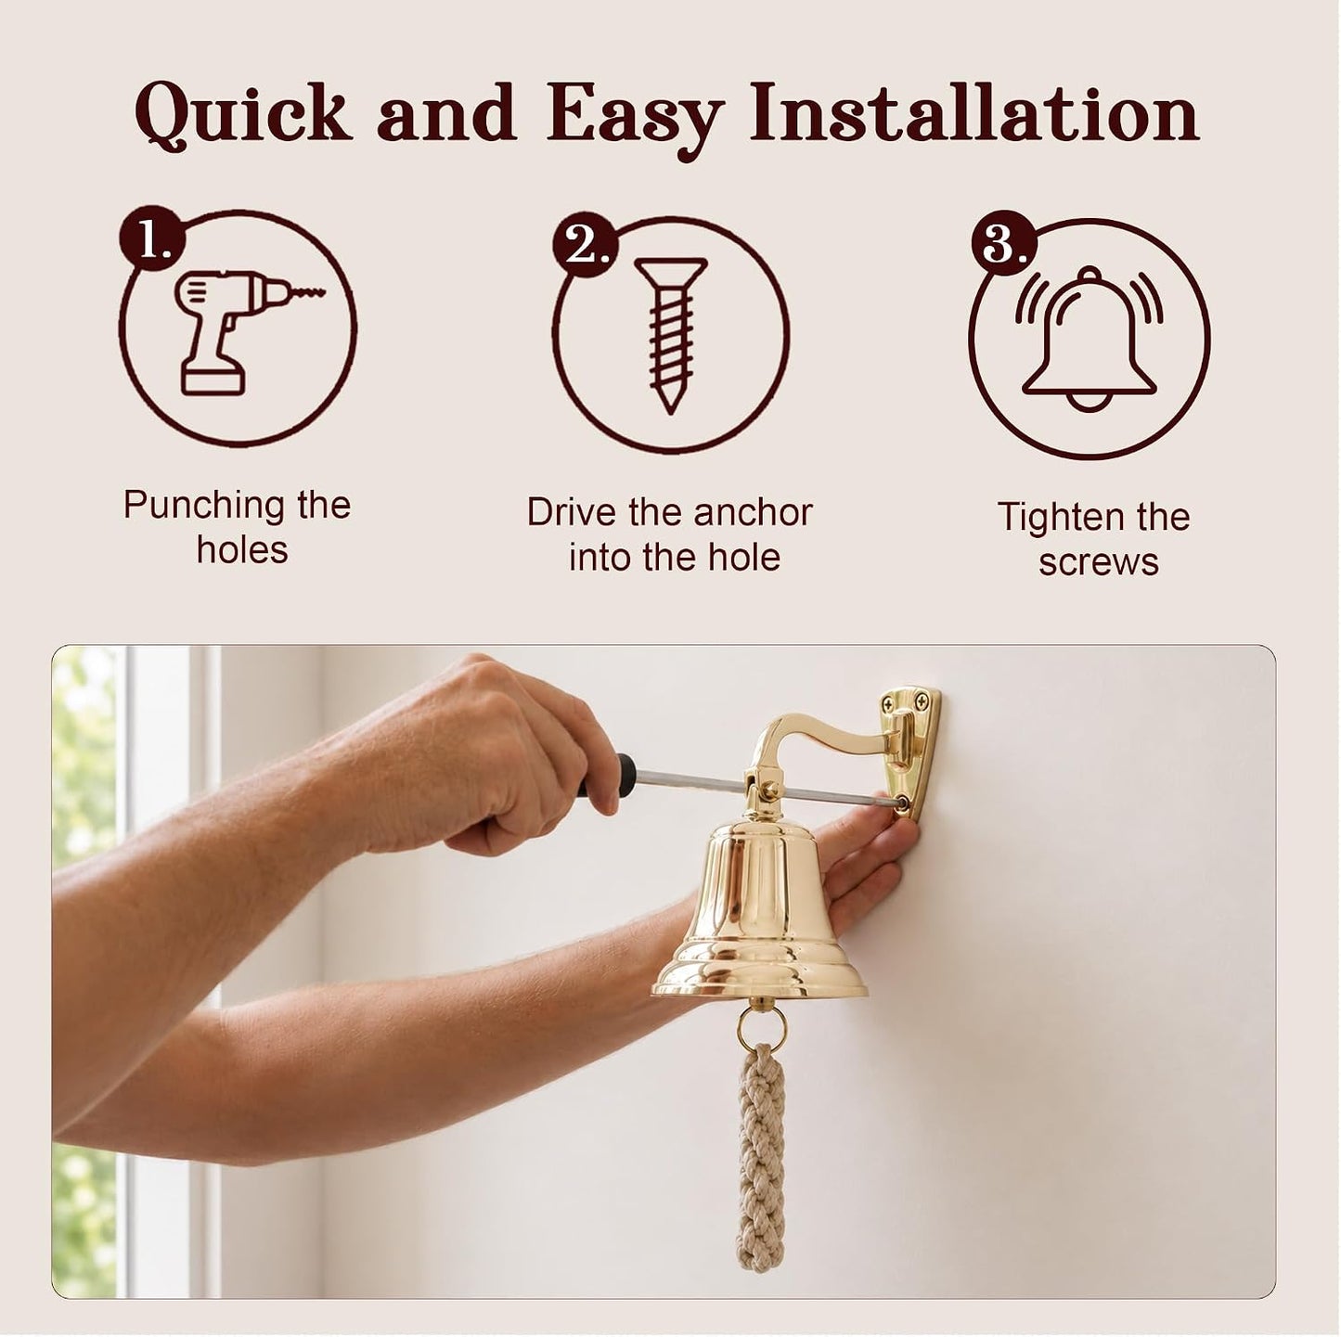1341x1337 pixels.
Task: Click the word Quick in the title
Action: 242,113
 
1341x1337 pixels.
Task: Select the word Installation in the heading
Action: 974,111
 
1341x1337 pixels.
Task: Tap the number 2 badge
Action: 585,246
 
